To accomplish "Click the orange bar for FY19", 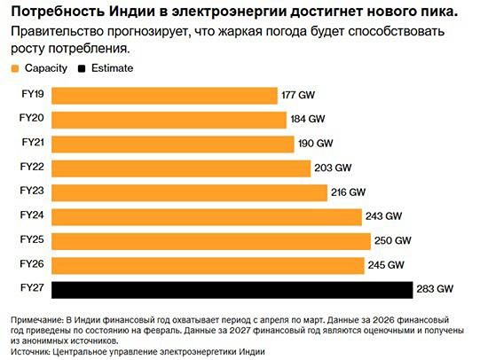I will [x=164, y=95].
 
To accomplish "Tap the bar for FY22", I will [x=181, y=168].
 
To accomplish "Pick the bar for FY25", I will [x=211, y=240].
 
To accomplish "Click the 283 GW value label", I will [x=436, y=289].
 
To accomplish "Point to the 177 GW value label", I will [x=299, y=95].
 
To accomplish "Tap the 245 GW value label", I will [x=386, y=265].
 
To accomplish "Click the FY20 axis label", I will [x=32, y=118].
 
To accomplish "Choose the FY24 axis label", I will [x=32, y=215].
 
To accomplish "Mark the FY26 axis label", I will [x=32, y=263].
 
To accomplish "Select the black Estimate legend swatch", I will [x=83, y=68].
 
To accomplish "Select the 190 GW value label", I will [x=315, y=144].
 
